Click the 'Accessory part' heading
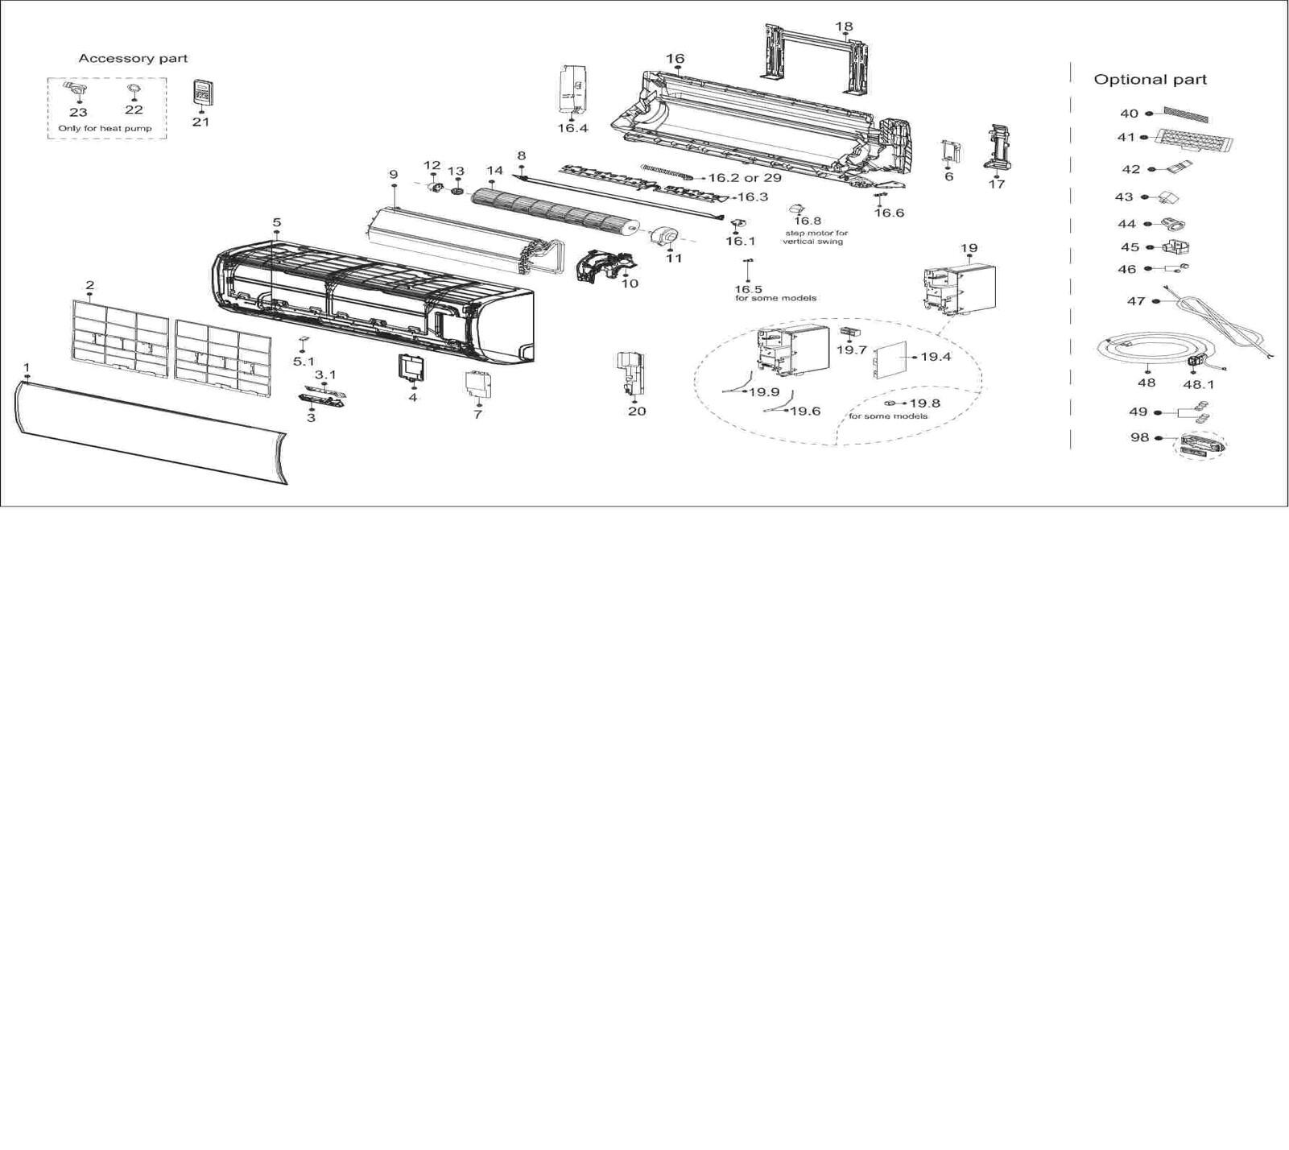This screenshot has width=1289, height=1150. [x=133, y=59]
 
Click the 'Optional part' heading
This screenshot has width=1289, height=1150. [x=1150, y=80]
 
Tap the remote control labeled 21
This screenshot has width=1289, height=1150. [x=203, y=93]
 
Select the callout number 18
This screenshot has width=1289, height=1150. [x=844, y=27]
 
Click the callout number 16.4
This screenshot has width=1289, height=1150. [x=572, y=128]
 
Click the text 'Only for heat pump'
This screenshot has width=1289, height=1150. [x=105, y=129]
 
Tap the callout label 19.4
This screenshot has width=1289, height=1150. [x=936, y=357]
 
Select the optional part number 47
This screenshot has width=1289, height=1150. [x=1136, y=301]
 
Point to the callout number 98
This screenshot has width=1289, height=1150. [x=1139, y=437]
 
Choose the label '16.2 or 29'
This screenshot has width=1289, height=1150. [x=744, y=178]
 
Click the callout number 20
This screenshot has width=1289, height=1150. [x=637, y=412]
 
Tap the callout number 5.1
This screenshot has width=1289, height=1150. [x=304, y=362]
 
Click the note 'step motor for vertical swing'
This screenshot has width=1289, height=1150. [x=816, y=238]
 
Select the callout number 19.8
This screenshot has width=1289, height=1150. [x=924, y=403]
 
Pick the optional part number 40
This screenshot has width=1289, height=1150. [x=1130, y=114]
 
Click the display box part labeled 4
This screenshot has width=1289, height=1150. [x=412, y=367]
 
